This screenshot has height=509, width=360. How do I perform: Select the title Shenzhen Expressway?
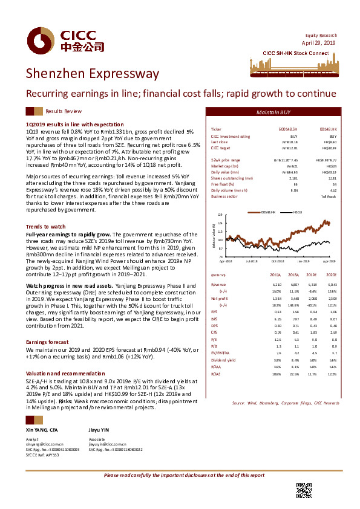tap(92, 74)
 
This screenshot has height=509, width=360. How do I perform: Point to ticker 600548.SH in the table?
tap(289, 130)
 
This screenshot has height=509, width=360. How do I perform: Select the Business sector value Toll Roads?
tap(329, 196)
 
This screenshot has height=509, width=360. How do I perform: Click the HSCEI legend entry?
tap(298, 213)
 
